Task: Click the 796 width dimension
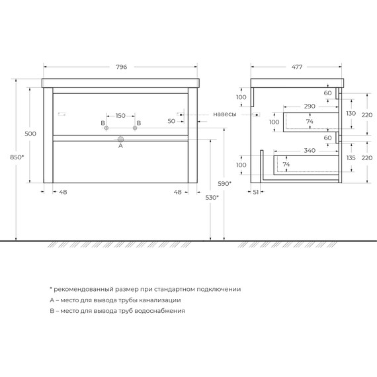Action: [120, 67]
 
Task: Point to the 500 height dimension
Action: [30, 134]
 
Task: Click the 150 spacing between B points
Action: [120, 116]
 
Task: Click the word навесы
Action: [225, 114]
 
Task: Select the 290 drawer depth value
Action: [310, 106]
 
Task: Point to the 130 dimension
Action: [351, 113]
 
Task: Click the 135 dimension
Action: [351, 159]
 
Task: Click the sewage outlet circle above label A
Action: [120, 139]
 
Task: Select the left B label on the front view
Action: [103, 123]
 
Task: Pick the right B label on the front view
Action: [138, 123]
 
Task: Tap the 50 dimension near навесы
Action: [171, 121]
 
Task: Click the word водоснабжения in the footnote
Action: [157, 310]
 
